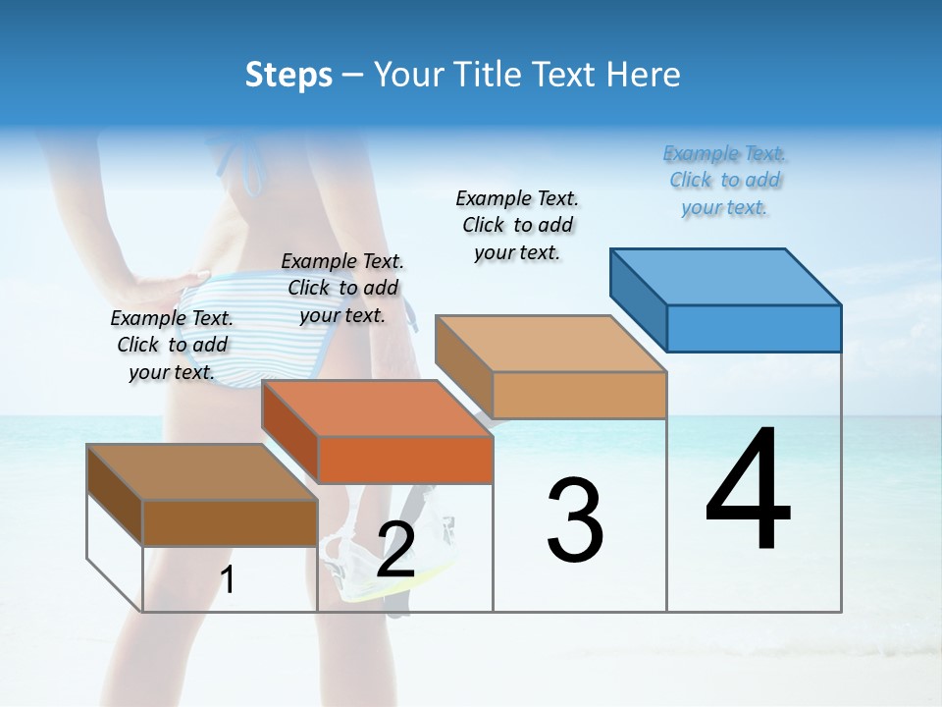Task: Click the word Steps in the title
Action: click(x=288, y=75)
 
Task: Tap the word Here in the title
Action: click(x=644, y=75)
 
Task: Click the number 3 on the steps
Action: click(x=575, y=520)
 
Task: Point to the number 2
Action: click(x=395, y=551)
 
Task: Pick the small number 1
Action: click(x=228, y=580)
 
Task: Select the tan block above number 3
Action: click(x=549, y=345)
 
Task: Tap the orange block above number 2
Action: click(x=377, y=408)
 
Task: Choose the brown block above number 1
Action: click(x=202, y=472)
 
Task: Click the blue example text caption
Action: click(x=724, y=181)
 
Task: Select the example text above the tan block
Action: click(x=517, y=225)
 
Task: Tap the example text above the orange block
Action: click(x=342, y=288)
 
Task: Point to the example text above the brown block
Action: click(x=172, y=345)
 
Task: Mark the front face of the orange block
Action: click(x=405, y=460)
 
